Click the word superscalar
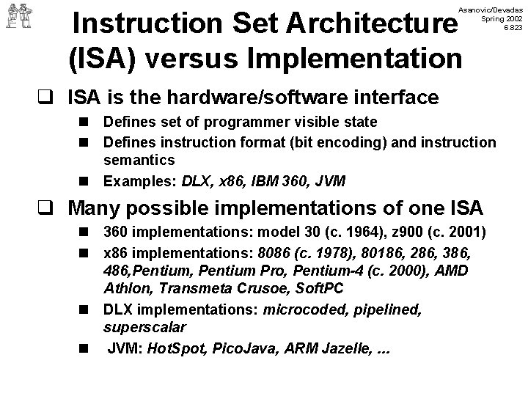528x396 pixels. (144, 328)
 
